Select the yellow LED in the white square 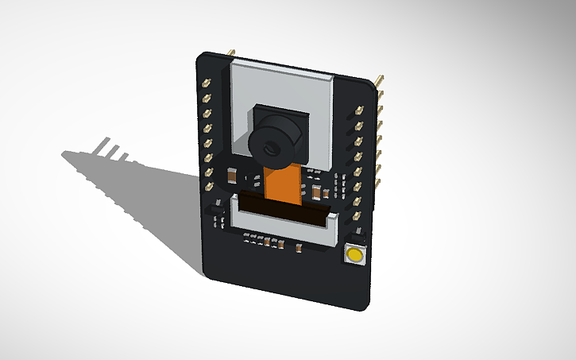click(354, 255)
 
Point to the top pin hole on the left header click(207, 82)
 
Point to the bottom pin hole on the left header click(210, 187)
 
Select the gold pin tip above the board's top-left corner click(231, 53)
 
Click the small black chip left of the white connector click(217, 220)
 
